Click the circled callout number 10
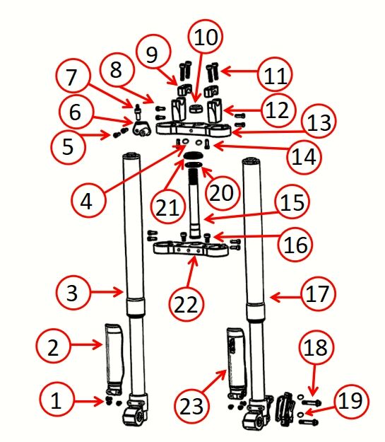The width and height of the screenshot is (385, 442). pos(206,36)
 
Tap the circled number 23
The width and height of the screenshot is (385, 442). pos(191,406)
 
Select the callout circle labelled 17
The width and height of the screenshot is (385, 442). pos(319,293)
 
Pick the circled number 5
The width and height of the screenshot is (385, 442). pos(68,146)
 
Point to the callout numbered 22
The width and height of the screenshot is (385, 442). pos(186,304)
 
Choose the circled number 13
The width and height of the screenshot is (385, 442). pos(319,123)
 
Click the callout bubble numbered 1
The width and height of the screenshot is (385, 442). pos(57,400)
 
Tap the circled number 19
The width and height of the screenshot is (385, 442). pos(352,401)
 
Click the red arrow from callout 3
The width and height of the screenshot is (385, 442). pos(106,292)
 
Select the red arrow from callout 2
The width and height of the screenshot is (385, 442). pos(86,344)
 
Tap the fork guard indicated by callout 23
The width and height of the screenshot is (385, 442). pos(236,363)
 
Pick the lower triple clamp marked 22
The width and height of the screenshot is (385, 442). pos(191,249)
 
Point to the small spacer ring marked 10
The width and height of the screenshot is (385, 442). pos(195,108)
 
